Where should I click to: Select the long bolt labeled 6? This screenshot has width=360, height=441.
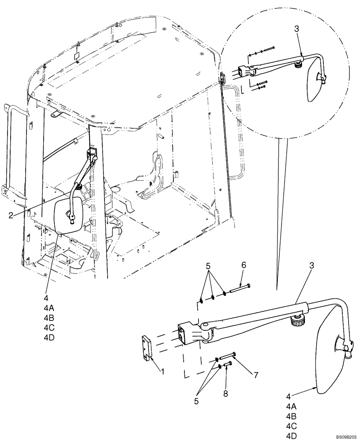click(x=239, y=288)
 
